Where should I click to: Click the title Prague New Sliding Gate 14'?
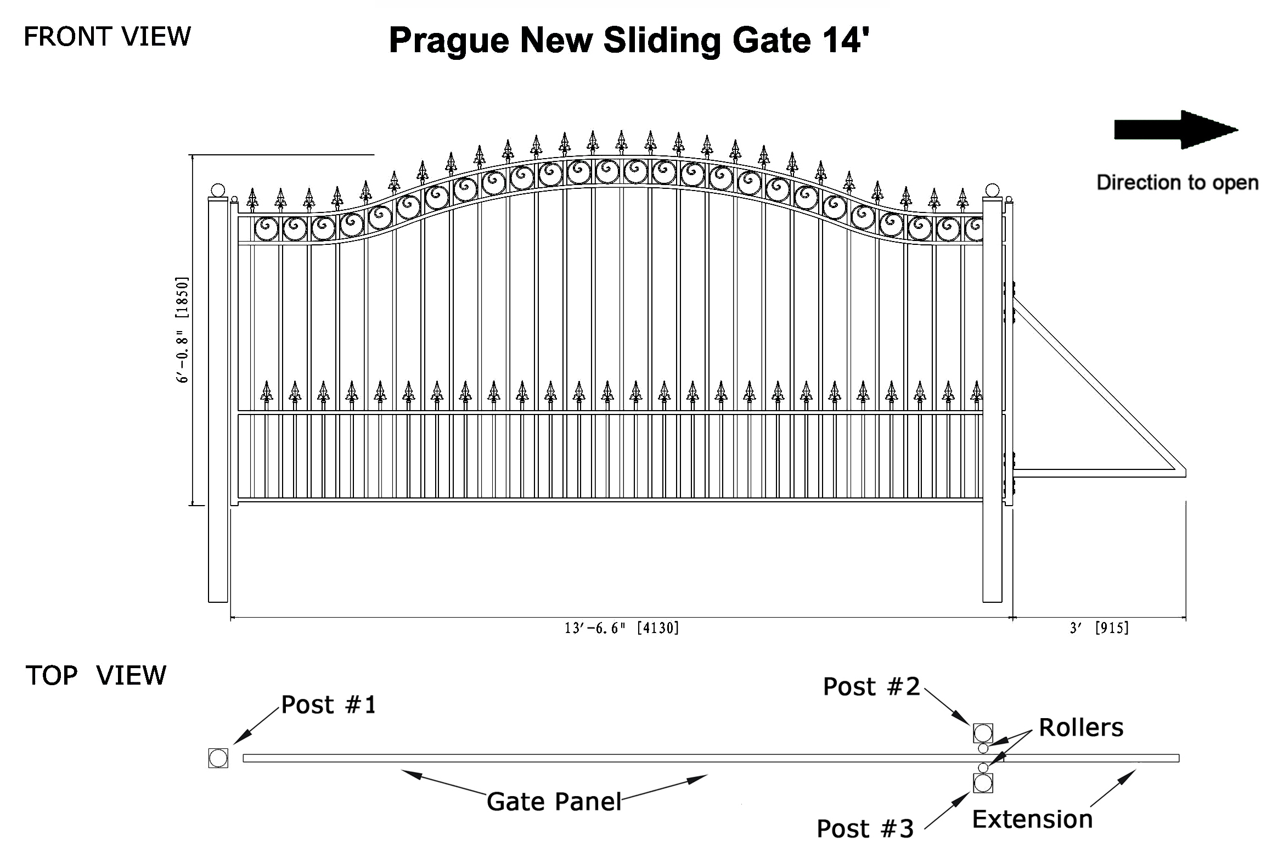(x=629, y=40)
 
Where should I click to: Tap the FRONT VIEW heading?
(x=108, y=37)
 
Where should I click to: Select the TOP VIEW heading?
(x=95, y=675)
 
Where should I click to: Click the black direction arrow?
(x=1176, y=130)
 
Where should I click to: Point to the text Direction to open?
(x=1178, y=183)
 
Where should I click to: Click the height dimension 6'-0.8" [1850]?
(x=182, y=329)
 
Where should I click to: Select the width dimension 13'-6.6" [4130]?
(x=622, y=628)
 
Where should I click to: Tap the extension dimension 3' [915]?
(x=1099, y=628)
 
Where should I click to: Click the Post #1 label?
(x=329, y=705)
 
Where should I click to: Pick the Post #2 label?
(x=871, y=687)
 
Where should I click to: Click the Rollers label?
(x=1081, y=727)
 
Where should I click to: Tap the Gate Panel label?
(x=554, y=802)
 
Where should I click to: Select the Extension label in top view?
(x=1032, y=819)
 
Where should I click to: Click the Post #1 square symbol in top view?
(x=218, y=758)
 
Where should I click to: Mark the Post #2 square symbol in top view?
(x=983, y=733)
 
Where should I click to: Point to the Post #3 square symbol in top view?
(x=983, y=783)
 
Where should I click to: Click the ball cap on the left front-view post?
(x=218, y=191)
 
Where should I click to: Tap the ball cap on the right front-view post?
(x=992, y=191)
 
